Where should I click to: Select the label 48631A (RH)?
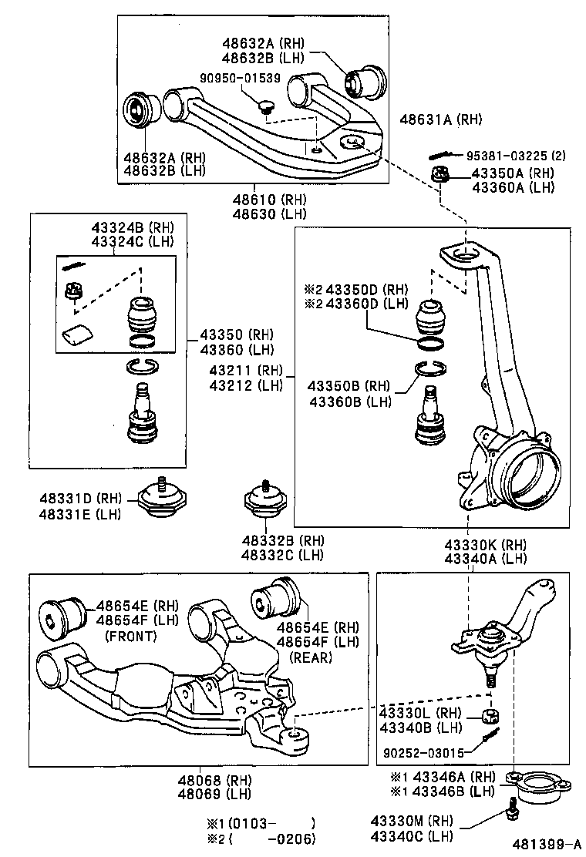[440, 119]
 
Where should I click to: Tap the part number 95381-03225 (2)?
[517, 154]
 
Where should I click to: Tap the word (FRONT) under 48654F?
[130, 636]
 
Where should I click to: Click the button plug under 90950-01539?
[267, 106]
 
